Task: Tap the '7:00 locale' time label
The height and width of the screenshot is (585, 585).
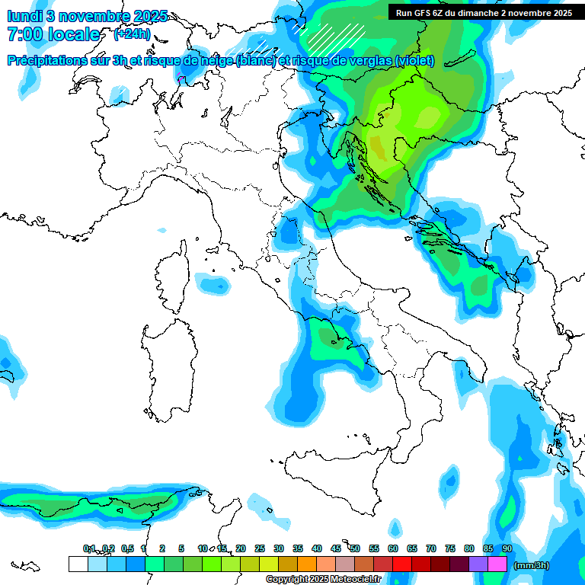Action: [53, 34]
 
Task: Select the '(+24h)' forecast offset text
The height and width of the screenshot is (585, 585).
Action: [132, 34]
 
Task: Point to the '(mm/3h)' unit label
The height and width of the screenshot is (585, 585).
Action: [532, 565]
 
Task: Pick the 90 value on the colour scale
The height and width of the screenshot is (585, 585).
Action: [507, 548]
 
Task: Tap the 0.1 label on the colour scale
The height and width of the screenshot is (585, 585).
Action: [88, 548]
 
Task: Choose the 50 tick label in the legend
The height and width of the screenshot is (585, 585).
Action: [354, 548]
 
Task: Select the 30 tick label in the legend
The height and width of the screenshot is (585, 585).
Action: [278, 548]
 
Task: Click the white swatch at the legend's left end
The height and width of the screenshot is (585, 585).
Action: [78, 564]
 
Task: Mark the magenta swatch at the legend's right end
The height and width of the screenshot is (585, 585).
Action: [497, 564]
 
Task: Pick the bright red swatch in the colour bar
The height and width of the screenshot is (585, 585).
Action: [402, 564]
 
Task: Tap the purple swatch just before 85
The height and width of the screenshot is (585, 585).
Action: [478, 564]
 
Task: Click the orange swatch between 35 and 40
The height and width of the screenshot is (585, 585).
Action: [307, 564]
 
